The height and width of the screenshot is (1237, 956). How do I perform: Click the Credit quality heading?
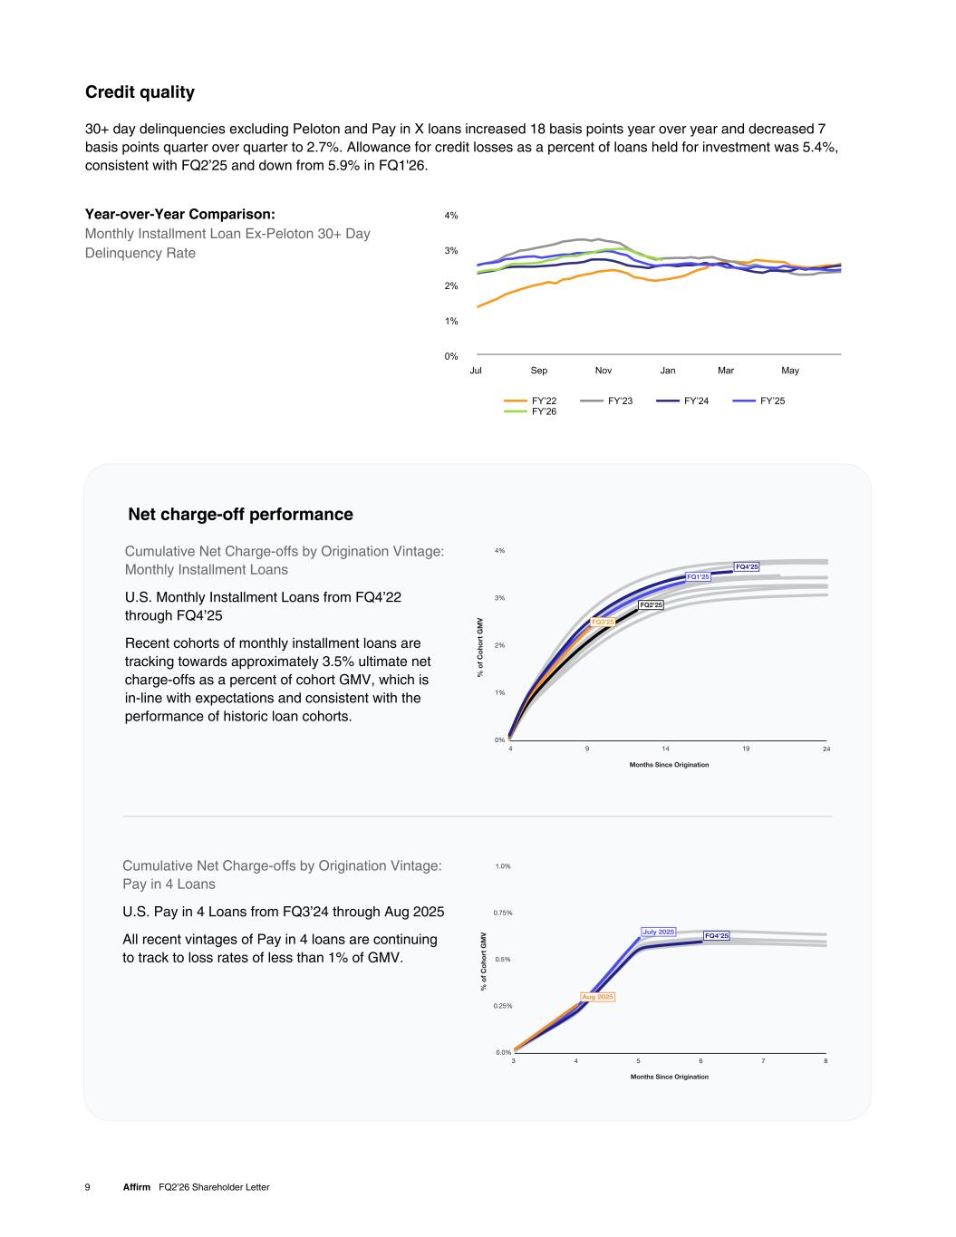point(140,92)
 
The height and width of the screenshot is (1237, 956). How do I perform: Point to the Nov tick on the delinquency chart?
point(604,370)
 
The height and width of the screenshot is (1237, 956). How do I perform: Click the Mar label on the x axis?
point(726,370)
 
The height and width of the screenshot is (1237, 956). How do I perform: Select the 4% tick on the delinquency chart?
point(451,216)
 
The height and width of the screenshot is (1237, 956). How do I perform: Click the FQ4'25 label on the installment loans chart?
point(747,567)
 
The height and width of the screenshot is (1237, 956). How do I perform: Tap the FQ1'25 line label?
point(699,576)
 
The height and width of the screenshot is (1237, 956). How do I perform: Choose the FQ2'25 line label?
point(652,604)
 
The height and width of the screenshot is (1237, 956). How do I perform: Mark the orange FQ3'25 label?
point(604,622)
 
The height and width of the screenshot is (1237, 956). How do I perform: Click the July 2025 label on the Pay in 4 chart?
point(659,932)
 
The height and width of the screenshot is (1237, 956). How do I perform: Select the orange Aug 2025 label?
point(597,997)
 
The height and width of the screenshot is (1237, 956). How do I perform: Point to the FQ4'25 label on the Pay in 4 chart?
point(717,935)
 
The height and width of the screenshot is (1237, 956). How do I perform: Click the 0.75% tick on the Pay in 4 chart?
point(503,913)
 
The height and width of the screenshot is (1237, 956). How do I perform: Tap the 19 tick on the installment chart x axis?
point(746,749)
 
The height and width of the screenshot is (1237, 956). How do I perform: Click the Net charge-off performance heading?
point(240,515)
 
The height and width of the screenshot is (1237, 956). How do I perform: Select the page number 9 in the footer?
point(87,1187)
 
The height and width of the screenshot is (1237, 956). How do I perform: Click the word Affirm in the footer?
point(137,1187)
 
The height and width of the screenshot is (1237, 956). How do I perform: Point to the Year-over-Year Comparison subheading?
point(179,214)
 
